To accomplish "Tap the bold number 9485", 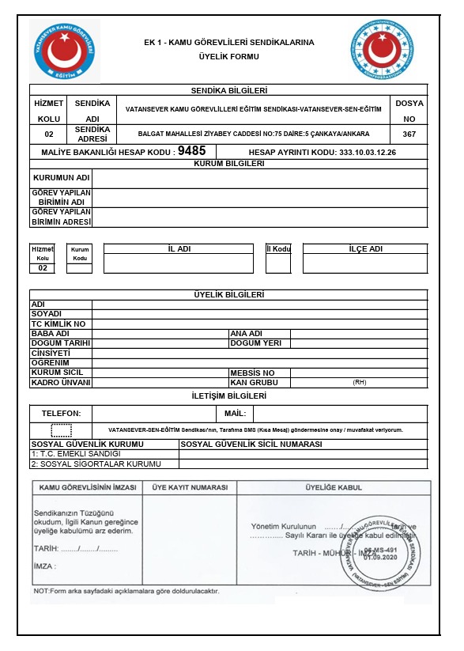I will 191,150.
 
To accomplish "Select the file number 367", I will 409,134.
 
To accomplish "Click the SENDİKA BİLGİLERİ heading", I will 229,91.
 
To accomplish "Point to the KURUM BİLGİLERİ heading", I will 229,164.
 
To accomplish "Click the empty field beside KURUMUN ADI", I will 260,179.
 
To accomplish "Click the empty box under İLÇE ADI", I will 364,263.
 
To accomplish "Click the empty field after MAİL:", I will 340,414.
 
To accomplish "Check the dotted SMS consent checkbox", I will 61,430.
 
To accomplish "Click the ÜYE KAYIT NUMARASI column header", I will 190,487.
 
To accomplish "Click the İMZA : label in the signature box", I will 47,567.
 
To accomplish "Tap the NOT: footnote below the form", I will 126,591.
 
